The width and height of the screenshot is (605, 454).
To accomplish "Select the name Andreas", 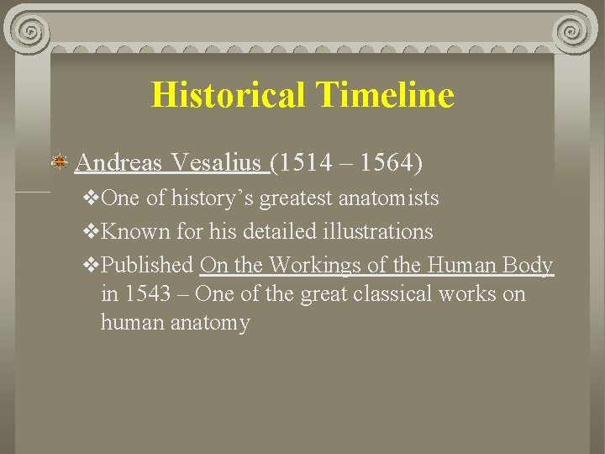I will tap(118, 161).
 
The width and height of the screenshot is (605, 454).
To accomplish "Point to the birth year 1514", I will tap(308, 161).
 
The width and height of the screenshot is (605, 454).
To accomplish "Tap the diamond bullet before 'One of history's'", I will tap(92, 198).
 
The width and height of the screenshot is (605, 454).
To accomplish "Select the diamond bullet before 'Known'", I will tap(92, 231).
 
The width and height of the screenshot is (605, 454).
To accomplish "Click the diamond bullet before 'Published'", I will tap(92, 265).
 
